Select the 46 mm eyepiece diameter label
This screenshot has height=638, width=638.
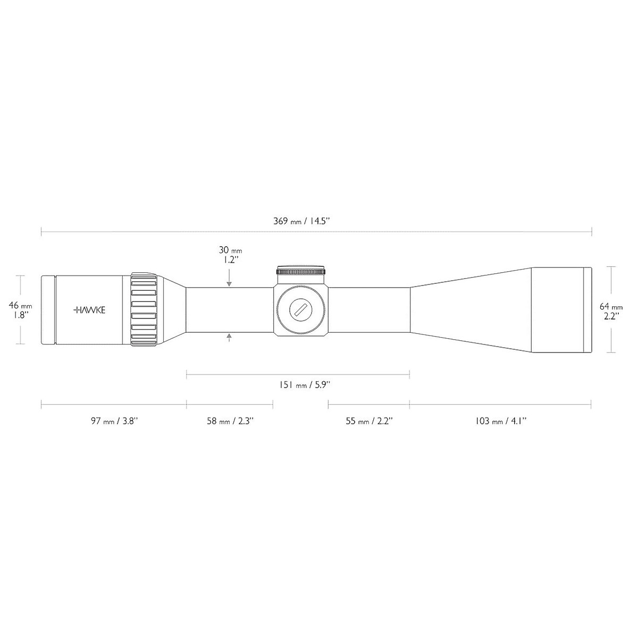click(21, 306)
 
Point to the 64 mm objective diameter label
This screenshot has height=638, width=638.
click(611, 307)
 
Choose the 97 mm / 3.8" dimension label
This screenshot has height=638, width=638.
click(114, 421)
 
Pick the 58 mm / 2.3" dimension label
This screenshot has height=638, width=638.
click(230, 421)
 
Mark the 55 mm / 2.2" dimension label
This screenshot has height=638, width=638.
click(368, 421)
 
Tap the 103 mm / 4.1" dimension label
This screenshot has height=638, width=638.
click(501, 421)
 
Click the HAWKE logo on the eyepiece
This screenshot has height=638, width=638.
click(89, 310)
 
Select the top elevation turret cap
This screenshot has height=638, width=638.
click(301, 271)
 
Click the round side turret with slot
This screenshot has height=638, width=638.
click(301, 310)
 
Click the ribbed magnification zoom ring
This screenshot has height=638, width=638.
click(144, 310)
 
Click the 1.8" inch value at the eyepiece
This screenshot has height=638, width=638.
click(21, 315)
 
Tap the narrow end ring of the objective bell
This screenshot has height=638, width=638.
click(588, 310)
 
